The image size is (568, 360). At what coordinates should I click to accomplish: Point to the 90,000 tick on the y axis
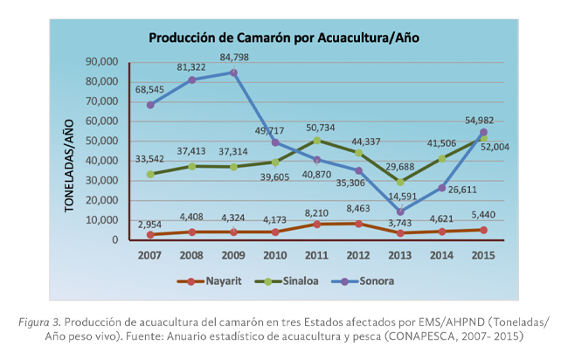101,62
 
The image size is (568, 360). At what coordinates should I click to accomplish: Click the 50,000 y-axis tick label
101,141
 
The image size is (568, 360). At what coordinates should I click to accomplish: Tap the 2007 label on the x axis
150,255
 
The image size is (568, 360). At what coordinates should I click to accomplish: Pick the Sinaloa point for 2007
150,174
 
